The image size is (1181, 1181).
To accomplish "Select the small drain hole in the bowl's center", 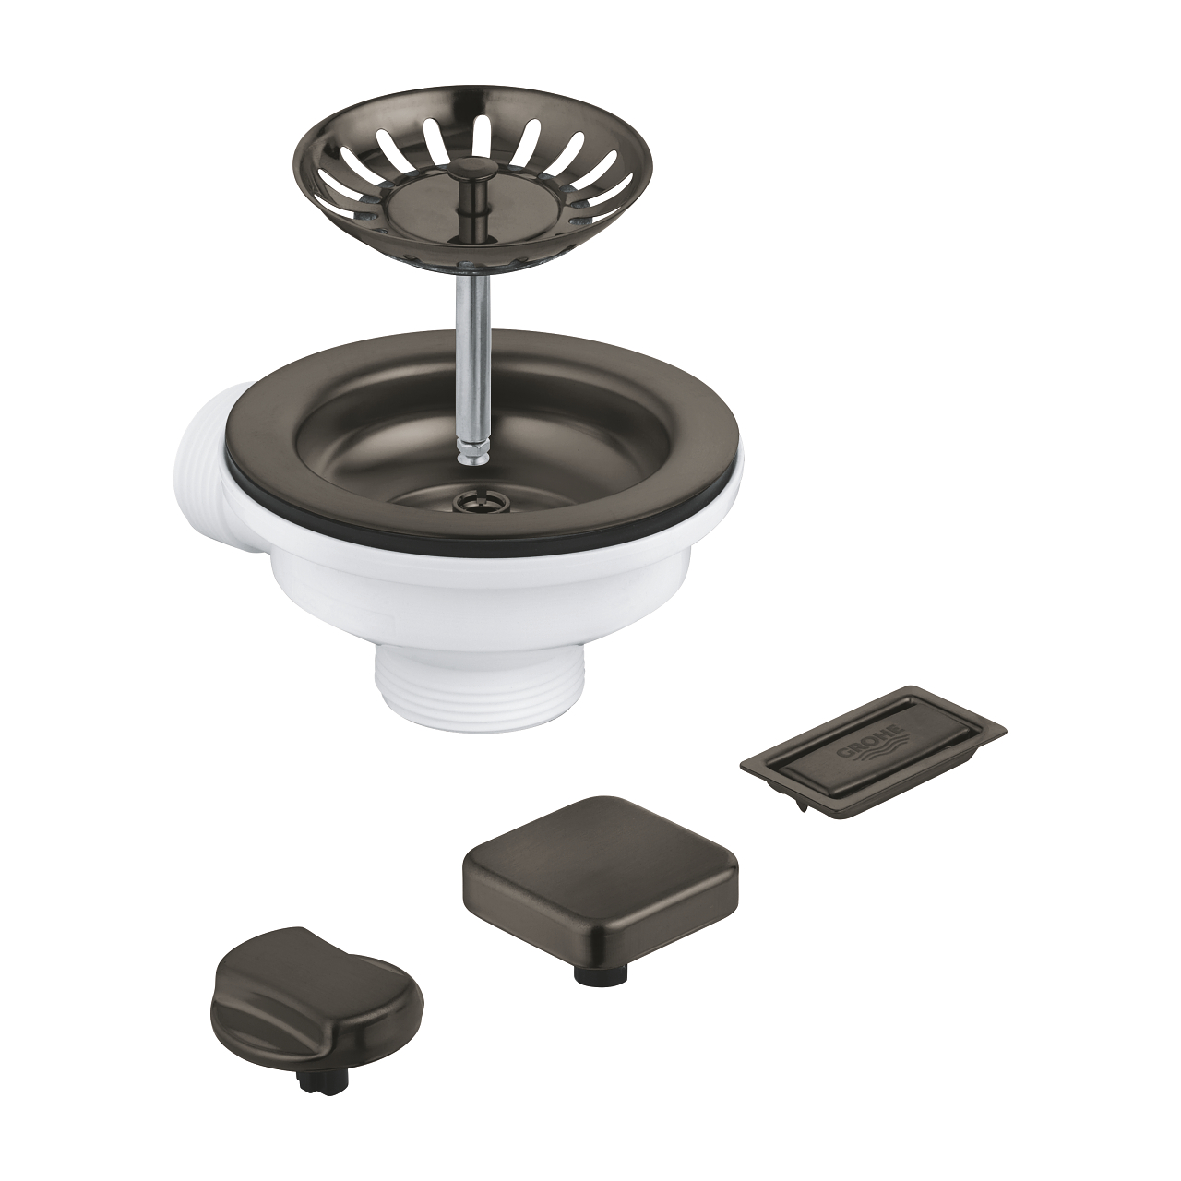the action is (x=470, y=488).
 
